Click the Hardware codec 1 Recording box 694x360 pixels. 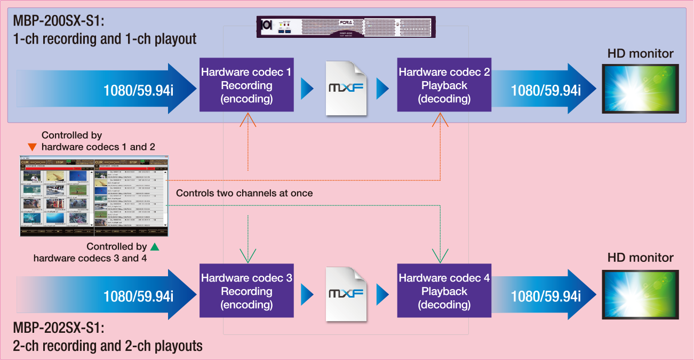point(246,85)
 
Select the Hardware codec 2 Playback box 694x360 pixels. point(444,85)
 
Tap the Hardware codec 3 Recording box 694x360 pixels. point(246,291)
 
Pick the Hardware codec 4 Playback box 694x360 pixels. point(444,291)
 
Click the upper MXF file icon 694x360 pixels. point(346,88)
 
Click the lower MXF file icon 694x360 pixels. point(346,294)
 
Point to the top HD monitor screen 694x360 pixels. point(640,89)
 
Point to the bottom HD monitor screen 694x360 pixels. point(640,294)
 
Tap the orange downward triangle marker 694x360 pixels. point(33,147)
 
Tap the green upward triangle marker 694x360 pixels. point(155,246)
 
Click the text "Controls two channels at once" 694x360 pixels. point(244,193)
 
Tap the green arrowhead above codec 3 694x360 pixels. point(248,255)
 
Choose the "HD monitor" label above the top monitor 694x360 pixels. point(640,53)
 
